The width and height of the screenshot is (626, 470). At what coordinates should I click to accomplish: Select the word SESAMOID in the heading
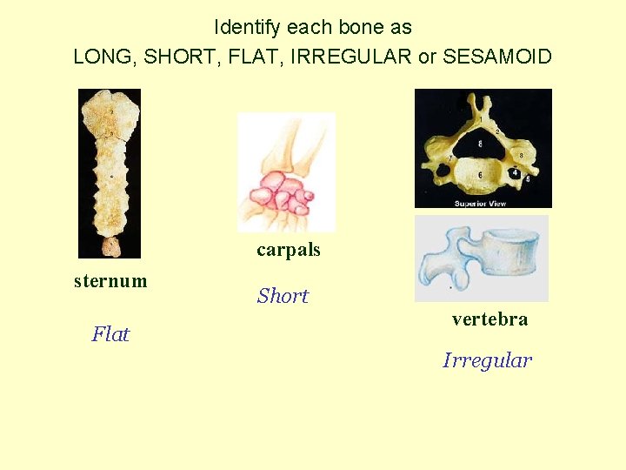(x=496, y=57)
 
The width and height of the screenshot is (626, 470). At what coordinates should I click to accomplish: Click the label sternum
(x=110, y=281)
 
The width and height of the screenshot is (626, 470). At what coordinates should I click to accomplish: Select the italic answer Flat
(x=110, y=334)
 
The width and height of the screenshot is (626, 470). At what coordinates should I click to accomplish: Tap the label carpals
(x=288, y=251)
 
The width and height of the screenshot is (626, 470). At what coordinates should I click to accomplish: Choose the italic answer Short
(x=283, y=296)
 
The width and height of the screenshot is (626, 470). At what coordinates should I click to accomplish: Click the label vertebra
(x=489, y=319)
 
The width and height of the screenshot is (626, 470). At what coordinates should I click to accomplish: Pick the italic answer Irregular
(x=487, y=360)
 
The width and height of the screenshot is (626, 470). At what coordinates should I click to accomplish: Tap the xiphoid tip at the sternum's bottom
(x=110, y=247)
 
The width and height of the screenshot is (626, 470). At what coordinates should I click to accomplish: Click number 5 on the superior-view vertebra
(x=528, y=178)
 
